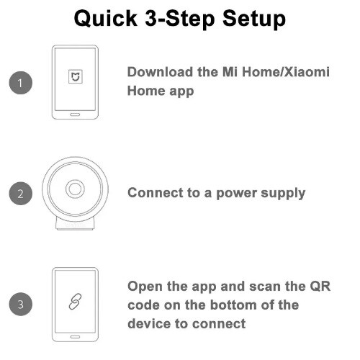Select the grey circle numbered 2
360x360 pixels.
[x=22, y=193]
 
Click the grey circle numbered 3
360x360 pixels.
[x=22, y=304]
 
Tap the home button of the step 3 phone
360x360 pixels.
[x=75, y=336]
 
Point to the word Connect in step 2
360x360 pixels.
[x=155, y=193]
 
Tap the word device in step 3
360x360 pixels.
[x=149, y=323]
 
